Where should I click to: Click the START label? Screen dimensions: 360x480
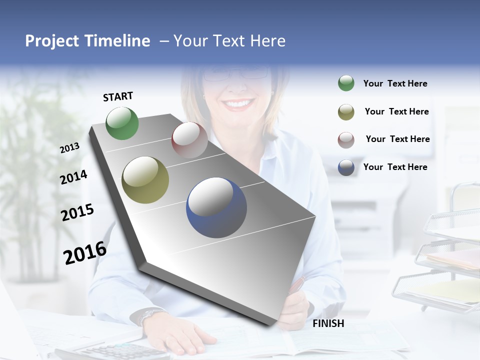[118, 96]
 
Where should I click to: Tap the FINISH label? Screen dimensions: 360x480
[328, 323]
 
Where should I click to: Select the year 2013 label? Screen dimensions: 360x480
[69, 147]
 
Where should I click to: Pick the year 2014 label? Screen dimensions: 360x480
[73, 177]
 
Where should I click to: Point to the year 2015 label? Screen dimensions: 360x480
[77, 212]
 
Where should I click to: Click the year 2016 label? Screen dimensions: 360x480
[85, 252]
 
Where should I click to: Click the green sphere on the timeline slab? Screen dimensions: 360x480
[122, 123]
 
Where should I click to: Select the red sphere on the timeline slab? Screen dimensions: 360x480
[189, 140]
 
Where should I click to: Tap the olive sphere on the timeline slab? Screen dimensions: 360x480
[145, 180]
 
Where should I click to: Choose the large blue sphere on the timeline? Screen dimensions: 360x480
[216, 207]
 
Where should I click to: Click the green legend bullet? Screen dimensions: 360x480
[346, 83]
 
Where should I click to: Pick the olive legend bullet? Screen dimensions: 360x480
[346, 112]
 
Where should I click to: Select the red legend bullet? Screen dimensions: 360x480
[346, 140]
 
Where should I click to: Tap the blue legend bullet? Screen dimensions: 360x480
[346, 167]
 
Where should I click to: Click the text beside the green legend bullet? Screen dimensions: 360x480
[395, 83]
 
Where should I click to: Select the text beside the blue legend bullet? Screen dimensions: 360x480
[395, 167]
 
